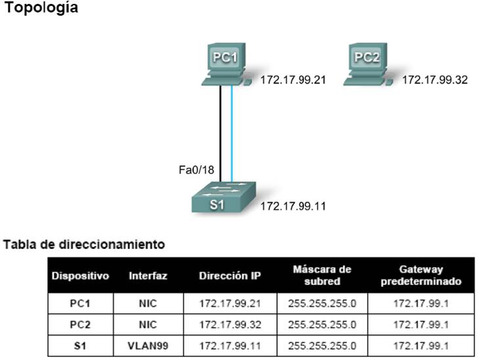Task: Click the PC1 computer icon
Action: [x=227, y=64]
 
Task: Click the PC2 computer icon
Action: [x=368, y=64]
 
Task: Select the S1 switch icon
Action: [x=223, y=197]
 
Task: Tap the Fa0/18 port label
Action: [x=196, y=170]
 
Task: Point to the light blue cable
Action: [x=232, y=134]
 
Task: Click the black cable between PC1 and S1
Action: [x=220, y=134]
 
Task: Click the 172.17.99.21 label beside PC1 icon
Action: [x=293, y=80]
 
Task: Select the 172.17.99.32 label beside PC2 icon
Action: [x=435, y=80]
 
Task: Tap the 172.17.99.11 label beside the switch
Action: [x=293, y=206]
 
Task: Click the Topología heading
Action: [x=41, y=8]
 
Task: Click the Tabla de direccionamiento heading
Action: [x=84, y=244]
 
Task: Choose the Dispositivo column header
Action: [x=80, y=276]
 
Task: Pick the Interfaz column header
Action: [x=148, y=276]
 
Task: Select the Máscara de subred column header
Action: [x=322, y=275]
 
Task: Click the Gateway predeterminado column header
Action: [x=421, y=275]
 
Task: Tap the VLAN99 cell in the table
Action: [x=148, y=346]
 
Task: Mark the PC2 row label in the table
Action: [x=80, y=325]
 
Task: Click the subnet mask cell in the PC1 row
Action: [x=322, y=304]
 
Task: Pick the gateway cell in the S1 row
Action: [x=421, y=346]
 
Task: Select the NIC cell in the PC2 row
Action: [x=148, y=325]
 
